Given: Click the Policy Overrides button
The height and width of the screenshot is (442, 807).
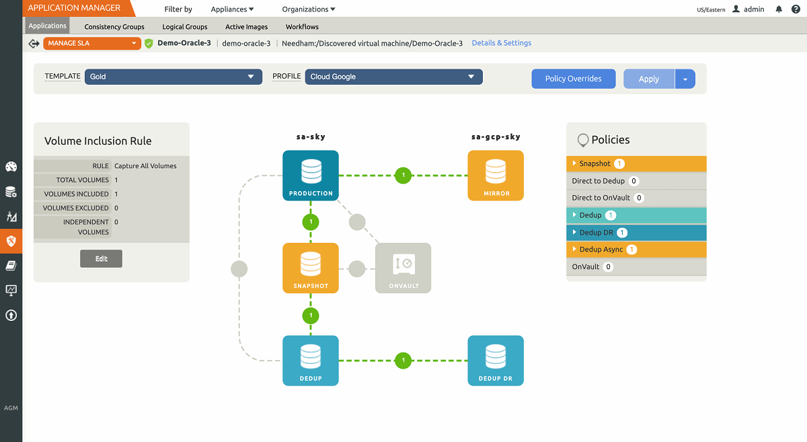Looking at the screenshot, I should click(573, 79).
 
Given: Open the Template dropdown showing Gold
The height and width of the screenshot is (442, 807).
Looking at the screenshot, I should click(173, 77).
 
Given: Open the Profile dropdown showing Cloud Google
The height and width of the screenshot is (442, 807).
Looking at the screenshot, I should click(393, 77).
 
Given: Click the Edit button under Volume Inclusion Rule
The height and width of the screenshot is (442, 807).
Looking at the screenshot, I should click(101, 259).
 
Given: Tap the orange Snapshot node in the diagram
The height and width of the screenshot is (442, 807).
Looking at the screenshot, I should click(310, 268).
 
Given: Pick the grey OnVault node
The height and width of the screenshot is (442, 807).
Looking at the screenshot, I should click(403, 268).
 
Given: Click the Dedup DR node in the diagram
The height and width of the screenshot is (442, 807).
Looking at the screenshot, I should click(495, 361).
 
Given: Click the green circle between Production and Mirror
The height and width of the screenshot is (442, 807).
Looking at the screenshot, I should click(403, 175).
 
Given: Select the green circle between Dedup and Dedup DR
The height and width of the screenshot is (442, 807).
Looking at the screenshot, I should click(403, 361).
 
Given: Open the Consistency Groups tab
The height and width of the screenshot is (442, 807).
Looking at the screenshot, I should click(114, 27).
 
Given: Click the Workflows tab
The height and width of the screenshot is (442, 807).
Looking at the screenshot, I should click(302, 27).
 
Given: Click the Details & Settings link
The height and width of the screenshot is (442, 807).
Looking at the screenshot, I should click(501, 43).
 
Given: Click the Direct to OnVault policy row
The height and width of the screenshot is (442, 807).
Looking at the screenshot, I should click(636, 198).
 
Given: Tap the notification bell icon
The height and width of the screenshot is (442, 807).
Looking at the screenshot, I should click(779, 9).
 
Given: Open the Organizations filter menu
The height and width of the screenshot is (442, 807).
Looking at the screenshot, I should click(309, 9).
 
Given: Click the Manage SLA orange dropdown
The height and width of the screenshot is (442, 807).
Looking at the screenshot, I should click(92, 43).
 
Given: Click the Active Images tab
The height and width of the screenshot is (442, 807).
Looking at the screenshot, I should click(246, 27).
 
